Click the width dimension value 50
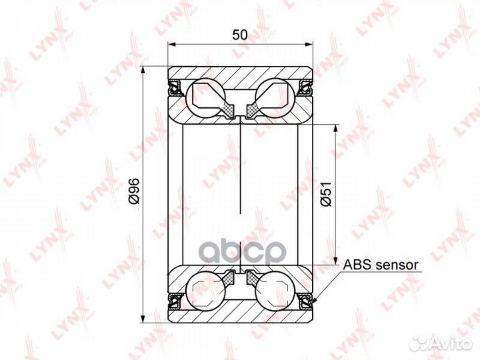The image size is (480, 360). click(240, 35)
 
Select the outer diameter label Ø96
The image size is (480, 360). click(134, 191)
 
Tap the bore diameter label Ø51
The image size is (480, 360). click(326, 194)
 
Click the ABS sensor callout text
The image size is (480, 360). click(381, 265)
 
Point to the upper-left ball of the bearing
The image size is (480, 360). click(205, 97)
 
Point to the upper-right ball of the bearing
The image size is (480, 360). click(275, 97)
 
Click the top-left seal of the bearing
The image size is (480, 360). click(176, 87)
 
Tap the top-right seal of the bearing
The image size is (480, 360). click(305, 87)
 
